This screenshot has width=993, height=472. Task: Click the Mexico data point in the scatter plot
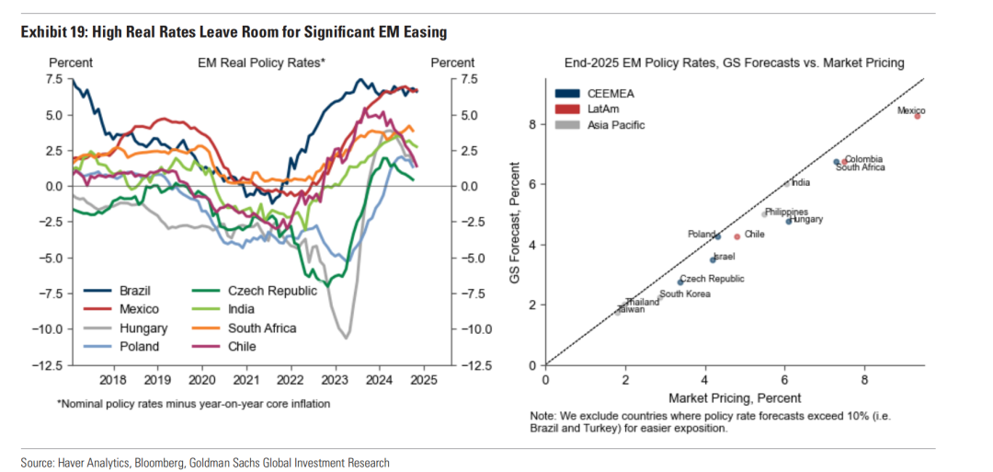(x=917, y=116)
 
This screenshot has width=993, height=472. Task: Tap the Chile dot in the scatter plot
(x=736, y=236)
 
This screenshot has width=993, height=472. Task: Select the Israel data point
(x=713, y=259)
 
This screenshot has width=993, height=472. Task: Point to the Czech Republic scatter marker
(x=680, y=282)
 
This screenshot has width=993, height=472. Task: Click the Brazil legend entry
(x=135, y=291)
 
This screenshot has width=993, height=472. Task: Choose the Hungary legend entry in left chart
(x=143, y=328)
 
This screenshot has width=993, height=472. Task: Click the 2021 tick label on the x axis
(x=245, y=378)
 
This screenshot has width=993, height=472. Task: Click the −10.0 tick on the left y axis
(x=49, y=328)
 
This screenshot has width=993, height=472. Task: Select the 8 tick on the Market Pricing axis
(x=864, y=379)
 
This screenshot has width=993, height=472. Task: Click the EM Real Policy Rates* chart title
(x=261, y=63)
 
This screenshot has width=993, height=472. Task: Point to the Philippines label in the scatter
(x=786, y=213)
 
